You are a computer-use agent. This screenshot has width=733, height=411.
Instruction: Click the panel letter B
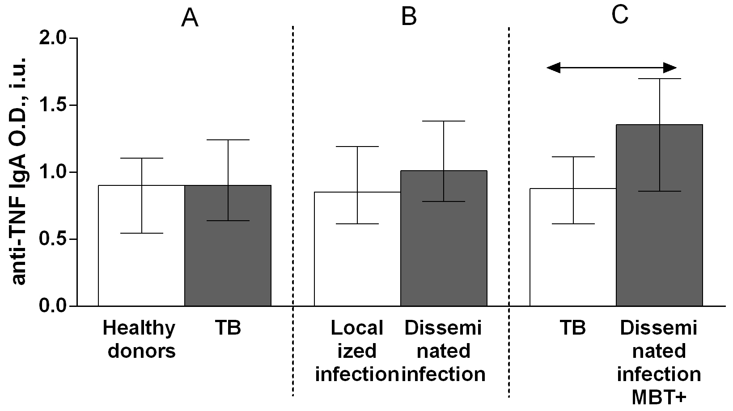(409, 17)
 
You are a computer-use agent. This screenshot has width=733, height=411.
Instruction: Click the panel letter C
(620, 15)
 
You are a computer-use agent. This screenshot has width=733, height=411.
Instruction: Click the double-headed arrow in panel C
(611, 68)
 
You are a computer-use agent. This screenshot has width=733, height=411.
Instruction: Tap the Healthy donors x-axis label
(140, 340)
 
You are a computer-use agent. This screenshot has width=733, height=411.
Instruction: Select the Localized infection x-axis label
(357, 351)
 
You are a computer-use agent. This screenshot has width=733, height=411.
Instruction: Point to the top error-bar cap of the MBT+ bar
(659, 79)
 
